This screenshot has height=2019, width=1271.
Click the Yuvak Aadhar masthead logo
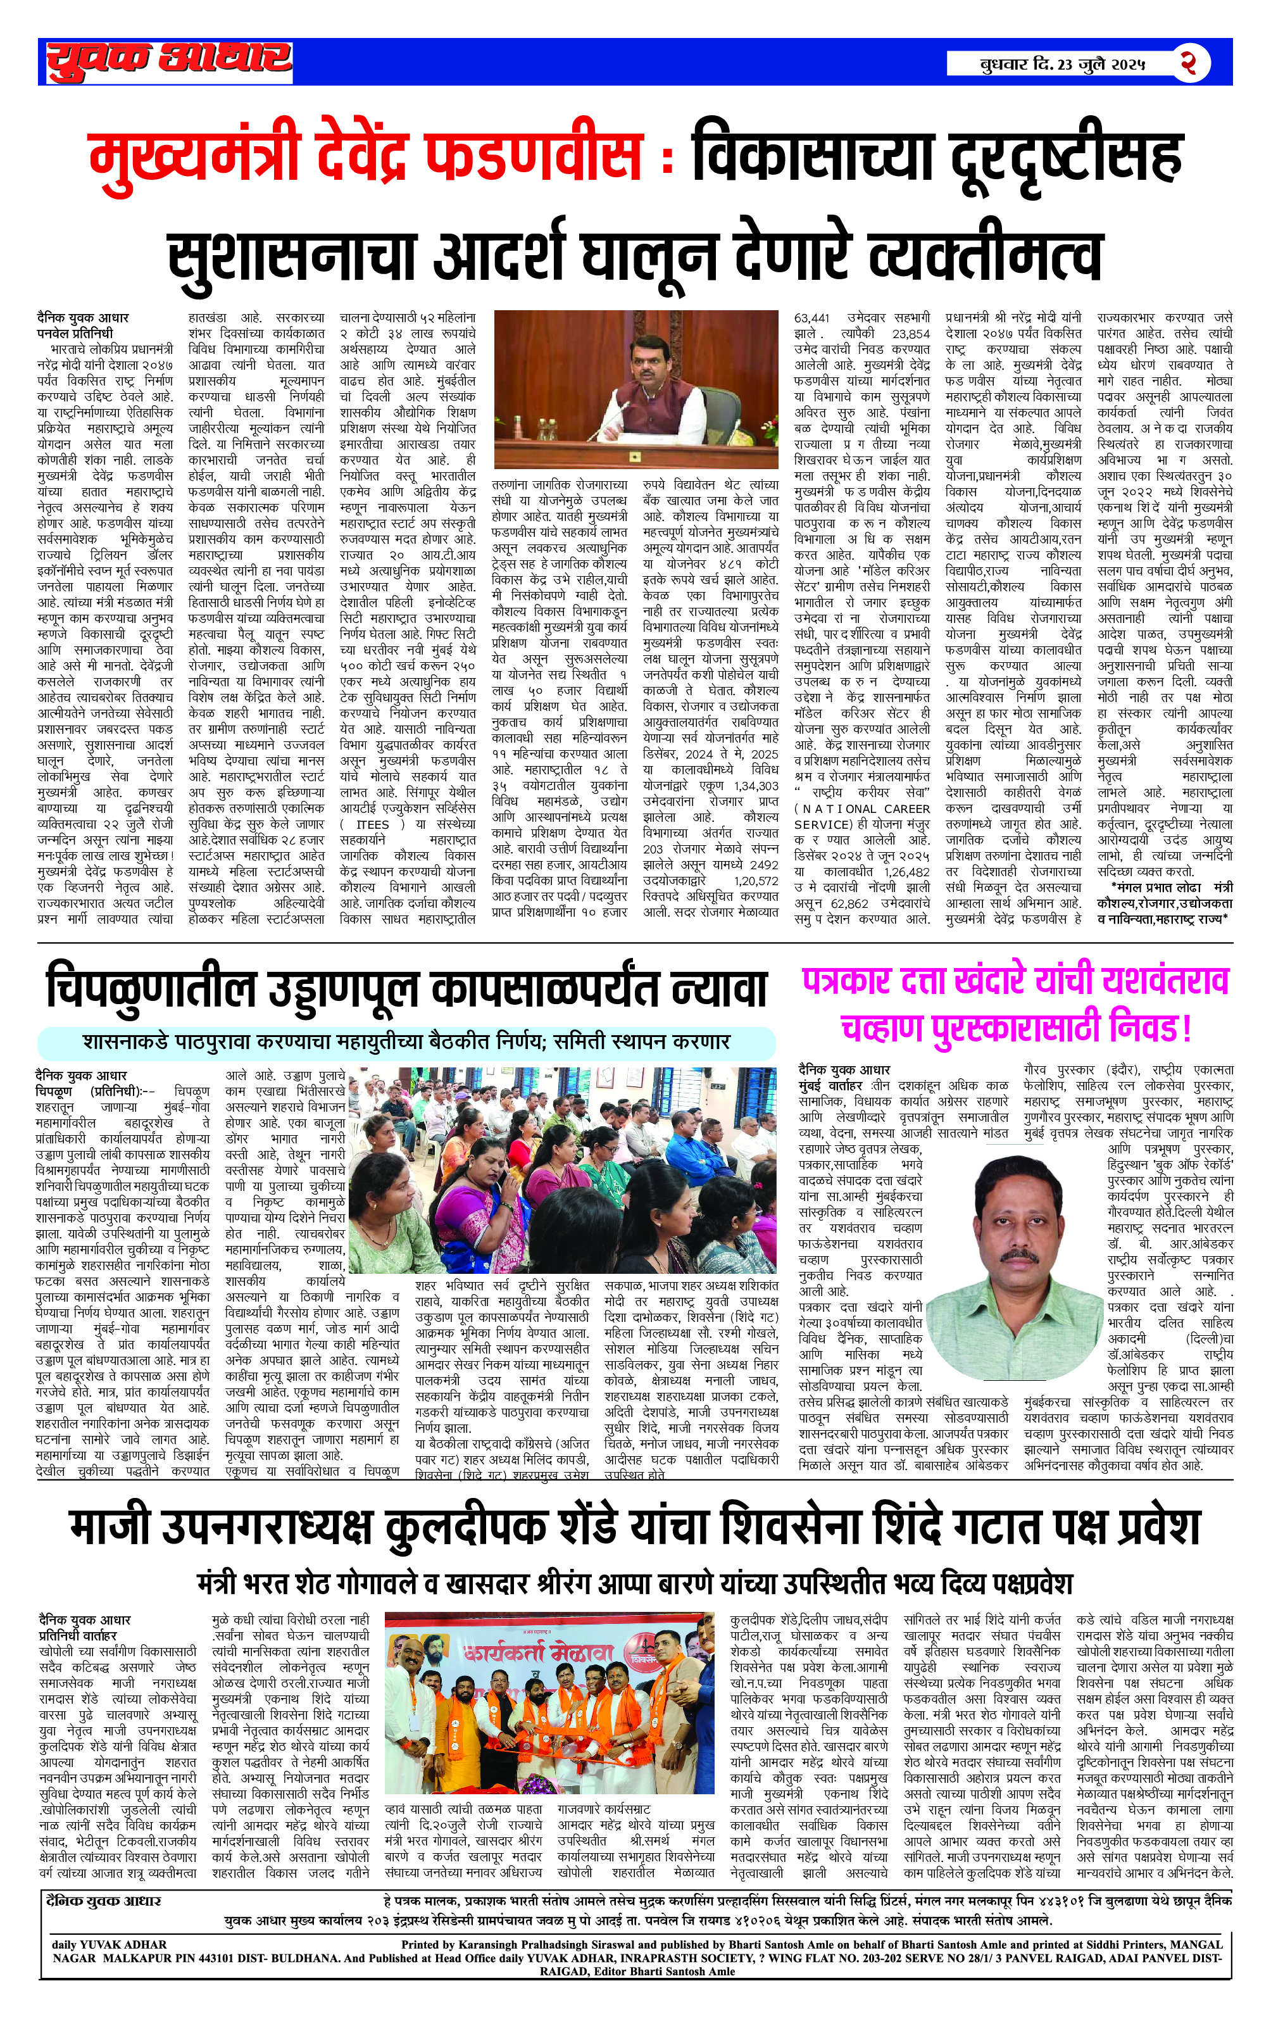coord(168,61)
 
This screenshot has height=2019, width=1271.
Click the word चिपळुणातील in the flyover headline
coord(150,988)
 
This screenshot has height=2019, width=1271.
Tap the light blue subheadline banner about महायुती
coord(406,1042)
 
